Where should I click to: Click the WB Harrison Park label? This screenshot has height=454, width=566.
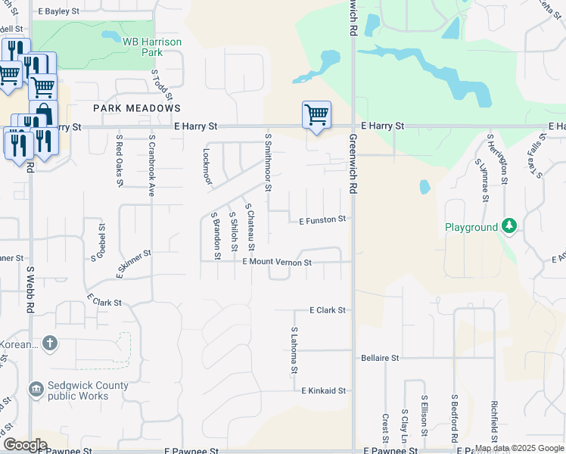pyautogui.click(x=152, y=48)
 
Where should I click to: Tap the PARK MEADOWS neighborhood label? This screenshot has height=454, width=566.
pyautogui.click(x=137, y=108)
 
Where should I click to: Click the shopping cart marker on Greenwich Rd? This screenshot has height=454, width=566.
pyautogui.click(x=316, y=116)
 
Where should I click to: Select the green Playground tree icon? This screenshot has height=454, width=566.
pyautogui.click(x=510, y=226)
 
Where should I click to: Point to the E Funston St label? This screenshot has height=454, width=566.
pyautogui.click(x=322, y=220)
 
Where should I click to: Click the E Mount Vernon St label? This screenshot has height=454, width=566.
pyautogui.click(x=277, y=263)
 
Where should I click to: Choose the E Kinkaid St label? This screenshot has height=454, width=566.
pyautogui.click(x=323, y=391)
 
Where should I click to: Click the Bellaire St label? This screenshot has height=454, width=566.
pyautogui.click(x=380, y=357)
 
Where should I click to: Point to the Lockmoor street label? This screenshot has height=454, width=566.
pyautogui.click(x=207, y=165)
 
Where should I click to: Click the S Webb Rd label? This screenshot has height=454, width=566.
pyautogui.click(x=31, y=289)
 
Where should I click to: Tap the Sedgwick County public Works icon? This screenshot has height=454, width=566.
pyautogui.click(x=36, y=390)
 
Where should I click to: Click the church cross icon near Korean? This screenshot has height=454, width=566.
pyautogui.click(x=49, y=344)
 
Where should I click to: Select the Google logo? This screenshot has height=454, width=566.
pyautogui.click(x=25, y=445)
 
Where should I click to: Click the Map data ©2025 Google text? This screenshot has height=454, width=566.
pyautogui.click(x=518, y=448)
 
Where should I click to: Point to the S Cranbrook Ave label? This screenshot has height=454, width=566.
pyautogui.click(x=151, y=166)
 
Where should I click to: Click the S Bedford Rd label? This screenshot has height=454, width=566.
pyautogui.click(x=455, y=418)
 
